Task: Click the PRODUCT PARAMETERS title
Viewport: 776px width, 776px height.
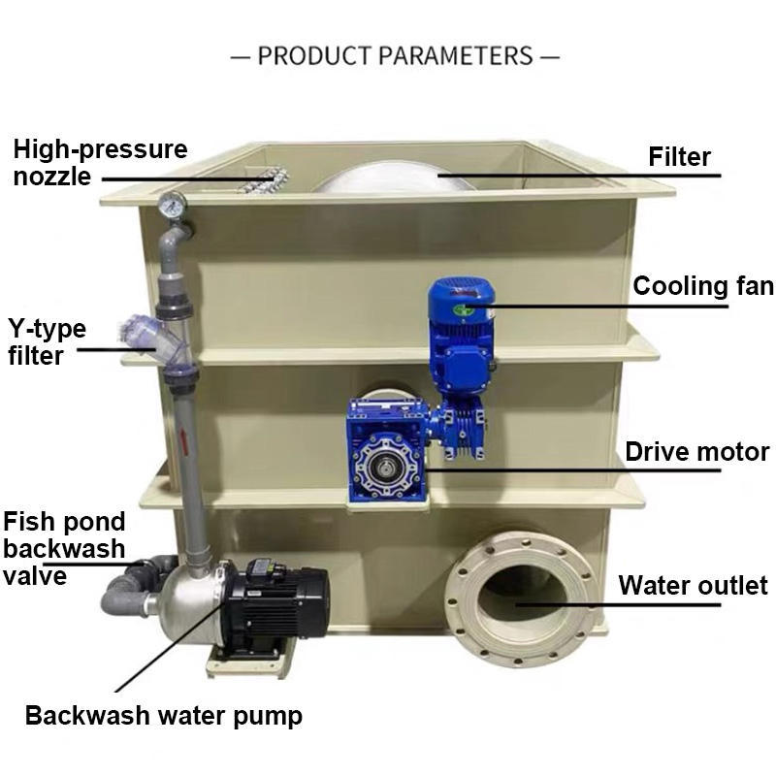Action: click(x=395, y=55)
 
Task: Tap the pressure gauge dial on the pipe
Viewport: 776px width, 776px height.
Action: click(x=173, y=204)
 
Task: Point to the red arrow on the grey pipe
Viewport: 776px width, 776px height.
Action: click(x=183, y=441)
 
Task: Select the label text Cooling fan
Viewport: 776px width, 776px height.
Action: click(x=703, y=286)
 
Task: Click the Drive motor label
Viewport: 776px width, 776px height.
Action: click(x=696, y=452)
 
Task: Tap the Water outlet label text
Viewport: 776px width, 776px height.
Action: click(x=693, y=585)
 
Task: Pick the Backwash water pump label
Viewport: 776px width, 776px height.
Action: click(x=163, y=717)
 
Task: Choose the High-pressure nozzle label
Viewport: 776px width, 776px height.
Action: click(x=101, y=163)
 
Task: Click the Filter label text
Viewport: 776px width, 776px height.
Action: click(x=679, y=157)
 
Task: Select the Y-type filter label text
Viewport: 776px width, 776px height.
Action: click(x=47, y=342)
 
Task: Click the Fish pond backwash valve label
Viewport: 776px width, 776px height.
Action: click(x=64, y=548)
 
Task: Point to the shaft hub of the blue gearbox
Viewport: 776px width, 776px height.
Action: click(x=384, y=466)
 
